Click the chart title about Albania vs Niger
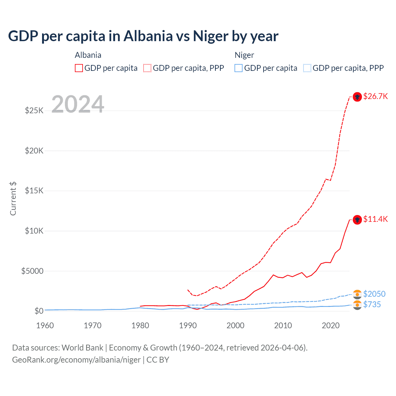click(x=143, y=36)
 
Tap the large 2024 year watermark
click(x=78, y=104)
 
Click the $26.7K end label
click(x=375, y=97)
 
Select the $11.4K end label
click(x=375, y=219)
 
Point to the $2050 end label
click(x=374, y=294)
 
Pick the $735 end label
click(x=372, y=305)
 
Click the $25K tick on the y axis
click(x=34, y=110)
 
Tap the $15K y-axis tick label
click(x=34, y=191)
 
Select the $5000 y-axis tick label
click(x=32, y=271)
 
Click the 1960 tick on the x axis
click(x=45, y=325)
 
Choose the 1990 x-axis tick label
click(x=188, y=325)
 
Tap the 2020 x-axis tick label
click(x=331, y=325)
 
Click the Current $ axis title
click(x=13, y=199)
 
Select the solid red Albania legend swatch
click(x=79, y=68)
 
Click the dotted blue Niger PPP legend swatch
click(x=307, y=68)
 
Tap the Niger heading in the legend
click(x=244, y=55)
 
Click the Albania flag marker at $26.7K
click(x=357, y=97)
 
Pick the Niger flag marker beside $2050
click(x=357, y=294)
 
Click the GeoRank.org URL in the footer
click(x=76, y=360)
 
